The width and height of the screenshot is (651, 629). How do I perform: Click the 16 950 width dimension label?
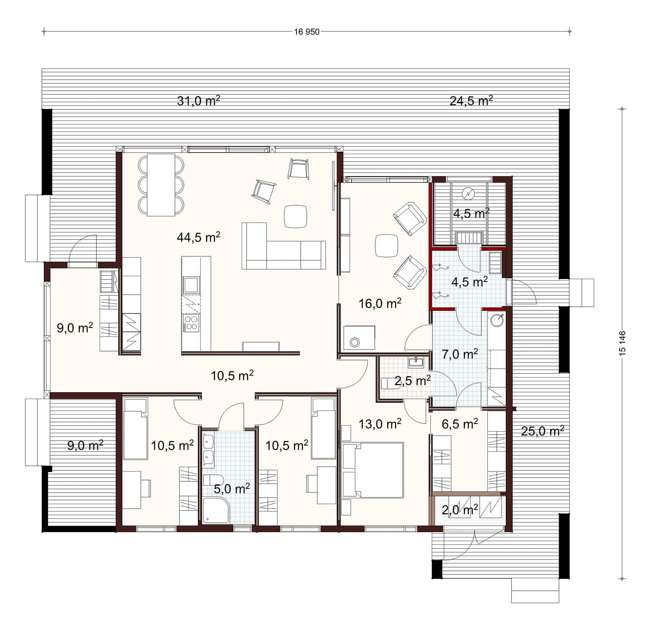pyautogui.click(x=307, y=32)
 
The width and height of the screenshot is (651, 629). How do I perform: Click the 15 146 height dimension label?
pyautogui.click(x=622, y=344)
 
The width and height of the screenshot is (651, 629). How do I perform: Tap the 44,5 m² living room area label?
pyautogui.click(x=199, y=237)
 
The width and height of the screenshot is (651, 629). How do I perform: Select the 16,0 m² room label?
pyautogui.click(x=380, y=303)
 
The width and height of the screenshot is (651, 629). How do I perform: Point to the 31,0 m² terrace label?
pyautogui.click(x=199, y=100)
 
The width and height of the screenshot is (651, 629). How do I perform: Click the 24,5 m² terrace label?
pyautogui.click(x=471, y=100)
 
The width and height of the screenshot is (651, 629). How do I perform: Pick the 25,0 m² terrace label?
pyautogui.click(x=542, y=431)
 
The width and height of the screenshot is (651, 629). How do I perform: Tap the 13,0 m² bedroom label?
pyautogui.click(x=380, y=424)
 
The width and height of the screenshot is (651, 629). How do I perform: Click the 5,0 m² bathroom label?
pyautogui.click(x=232, y=488)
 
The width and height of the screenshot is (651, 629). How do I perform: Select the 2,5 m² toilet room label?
pyautogui.click(x=413, y=381)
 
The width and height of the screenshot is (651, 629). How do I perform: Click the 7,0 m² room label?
pyautogui.click(x=460, y=354)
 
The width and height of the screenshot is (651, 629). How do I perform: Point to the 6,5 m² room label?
pyautogui.click(x=460, y=424)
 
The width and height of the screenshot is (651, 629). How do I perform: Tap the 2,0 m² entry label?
pyautogui.click(x=460, y=510)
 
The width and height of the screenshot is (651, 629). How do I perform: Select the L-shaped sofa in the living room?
pyautogui.click(x=284, y=246)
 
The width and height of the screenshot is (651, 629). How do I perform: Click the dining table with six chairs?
pyautogui.click(x=161, y=185)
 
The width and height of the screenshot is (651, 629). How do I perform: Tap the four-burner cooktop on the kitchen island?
pyautogui.click(x=191, y=323)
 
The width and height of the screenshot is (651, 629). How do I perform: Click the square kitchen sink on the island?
pyautogui.click(x=191, y=284)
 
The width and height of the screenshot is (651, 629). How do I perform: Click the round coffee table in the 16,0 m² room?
pyautogui.click(x=387, y=245)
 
